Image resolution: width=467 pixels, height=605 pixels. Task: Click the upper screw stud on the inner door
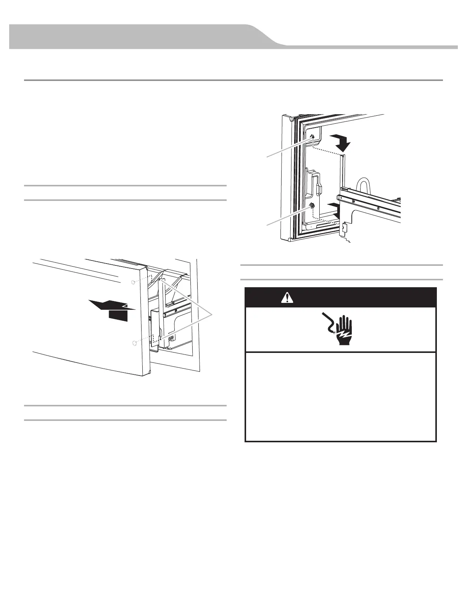pos(313,137)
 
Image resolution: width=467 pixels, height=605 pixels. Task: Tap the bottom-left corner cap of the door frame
pos(290,240)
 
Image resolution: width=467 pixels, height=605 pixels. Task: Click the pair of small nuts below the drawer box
pos(171,337)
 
